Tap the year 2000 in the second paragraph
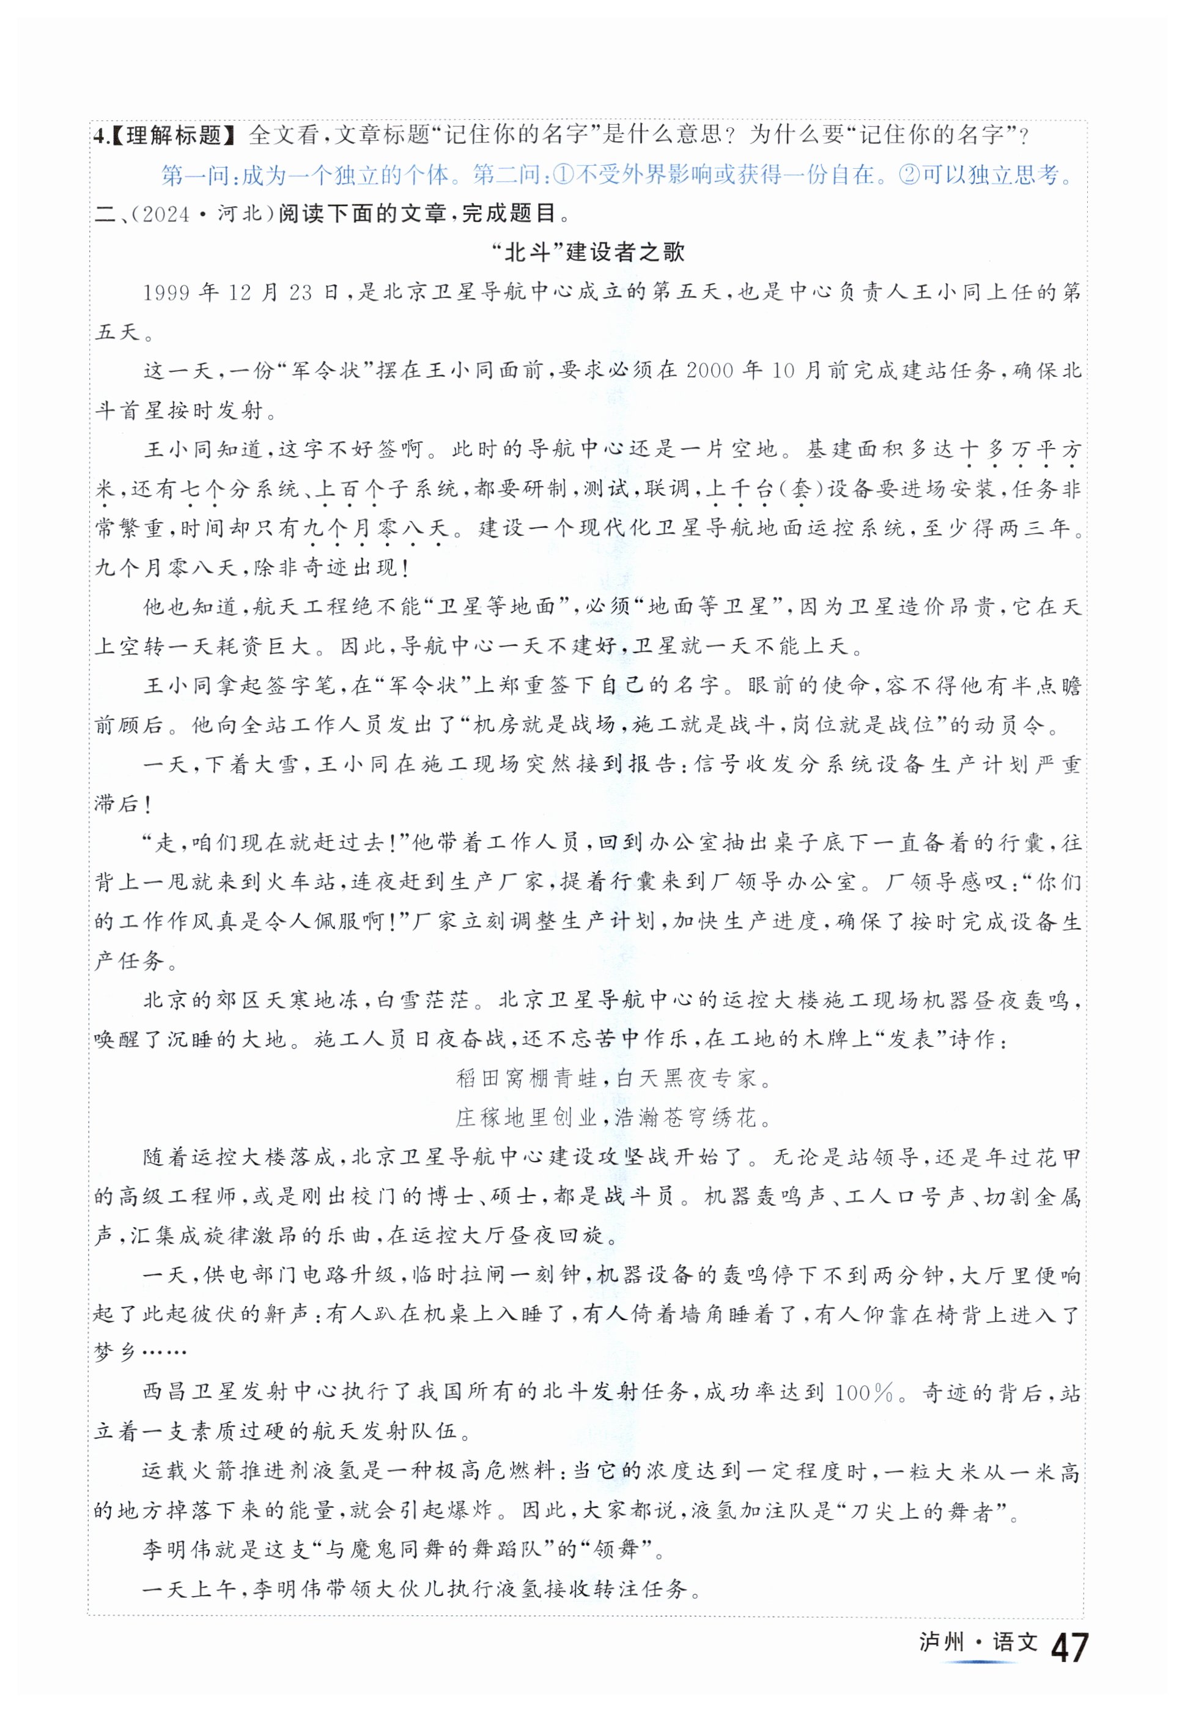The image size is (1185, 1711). click(x=711, y=371)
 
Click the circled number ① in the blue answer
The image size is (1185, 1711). click(x=565, y=175)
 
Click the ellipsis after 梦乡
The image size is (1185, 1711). click(x=153, y=1353)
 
